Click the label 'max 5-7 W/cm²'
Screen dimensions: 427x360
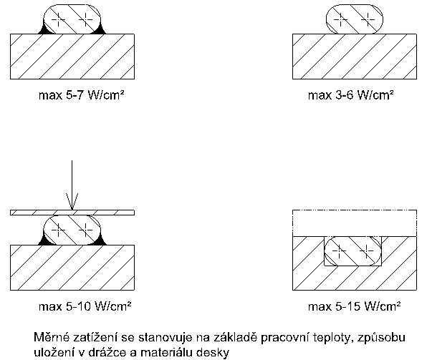pyautogui.click(x=82, y=95)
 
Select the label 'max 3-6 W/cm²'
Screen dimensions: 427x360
pyautogui.click(x=351, y=95)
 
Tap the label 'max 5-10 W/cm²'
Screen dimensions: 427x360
pyautogui.click(x=85, y=306)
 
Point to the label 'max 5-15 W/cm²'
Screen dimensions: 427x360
pyautogui.click(x=355, y=306)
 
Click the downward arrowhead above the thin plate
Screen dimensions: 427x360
pyautogui.click(x=72, y=202)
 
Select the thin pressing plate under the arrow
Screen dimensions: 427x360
pyautogui.click(x=72, y=213)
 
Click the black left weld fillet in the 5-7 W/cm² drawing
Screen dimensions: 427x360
pyautogui.click(x=44, y=29)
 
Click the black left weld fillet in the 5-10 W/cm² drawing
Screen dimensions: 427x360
pyautogui.click(x=44, y=240)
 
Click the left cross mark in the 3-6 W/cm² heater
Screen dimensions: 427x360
pyautogui.click(x=341, y=19)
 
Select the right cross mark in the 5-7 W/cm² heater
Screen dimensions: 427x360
pyautogui.click(x=86, y=19)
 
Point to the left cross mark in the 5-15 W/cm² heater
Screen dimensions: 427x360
pyautogui.click(x=340, y=250)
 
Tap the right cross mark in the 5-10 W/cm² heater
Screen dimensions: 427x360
pyautogui.click(x=86, y=230)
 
